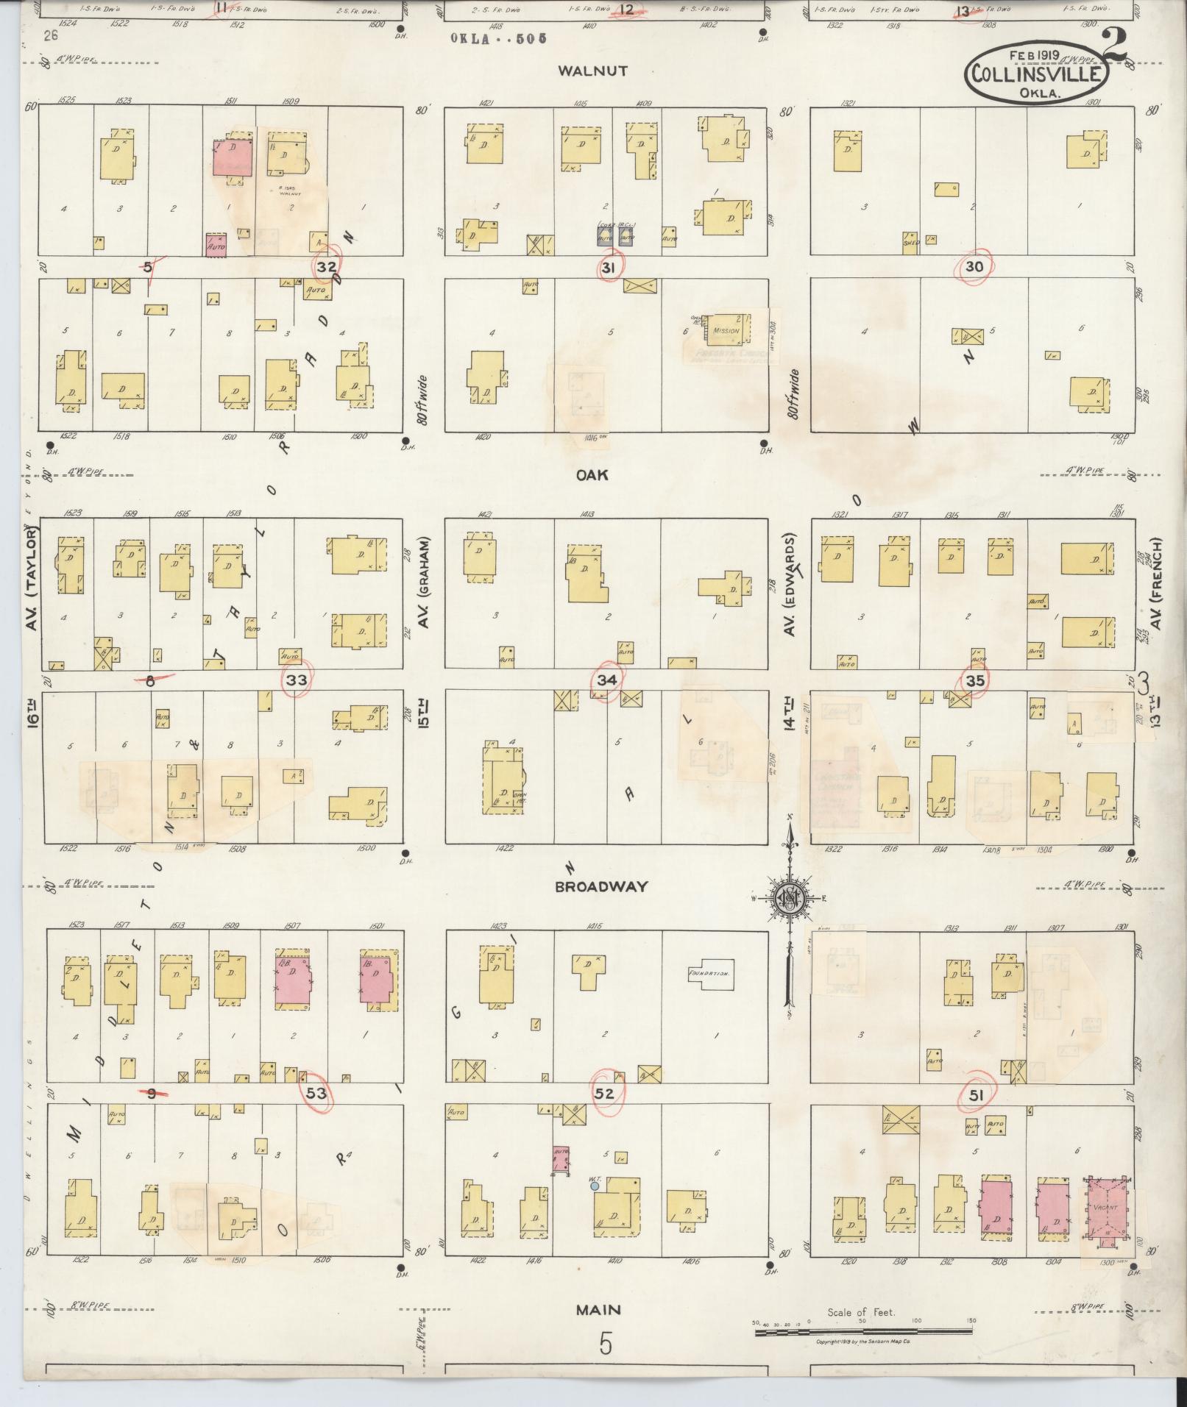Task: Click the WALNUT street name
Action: click(x=592, y=71)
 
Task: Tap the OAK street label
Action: click(x=592, y=475)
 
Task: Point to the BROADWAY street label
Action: click(x=601, y=887)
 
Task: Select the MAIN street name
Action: click(x=598, y=1309)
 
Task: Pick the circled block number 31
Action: click(x=608, y=268)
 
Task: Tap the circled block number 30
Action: click(x=974, y=266)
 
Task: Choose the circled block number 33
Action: click(x=297, y=680)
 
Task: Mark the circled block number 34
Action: click(x=606, y=680)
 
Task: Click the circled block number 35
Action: click(x=975, y=680)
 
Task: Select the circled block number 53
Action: click(x=316, y=1094)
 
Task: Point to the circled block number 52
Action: click(x=604, y=1094)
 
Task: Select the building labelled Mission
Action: click(x=726, y=330)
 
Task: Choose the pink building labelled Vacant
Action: click(x=1106, y=1208)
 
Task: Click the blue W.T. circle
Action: click(x=595, y=1186)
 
